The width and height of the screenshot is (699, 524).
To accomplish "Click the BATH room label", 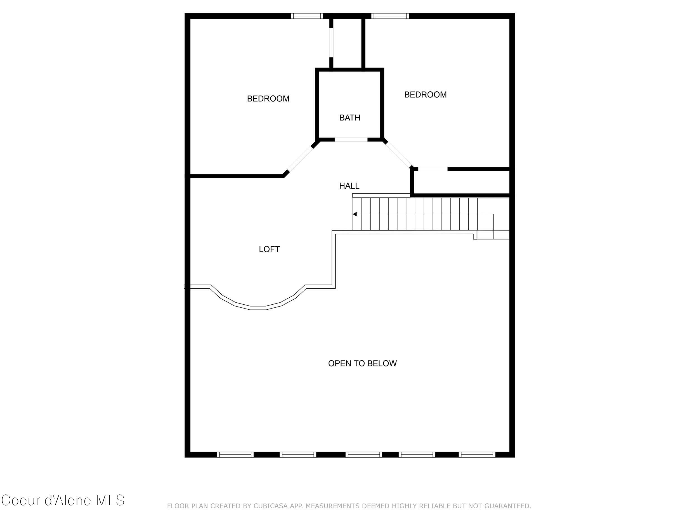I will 349,118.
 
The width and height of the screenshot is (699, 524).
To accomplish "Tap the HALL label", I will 349,186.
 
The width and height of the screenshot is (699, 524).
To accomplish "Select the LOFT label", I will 269,250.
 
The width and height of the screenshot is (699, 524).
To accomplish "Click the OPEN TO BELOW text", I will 362,364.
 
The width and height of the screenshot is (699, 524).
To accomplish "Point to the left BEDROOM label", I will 268,99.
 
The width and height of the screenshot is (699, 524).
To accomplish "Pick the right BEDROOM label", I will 425,95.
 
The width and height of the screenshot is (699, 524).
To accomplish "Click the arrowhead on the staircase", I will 355,214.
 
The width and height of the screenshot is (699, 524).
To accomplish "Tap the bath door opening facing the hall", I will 351,139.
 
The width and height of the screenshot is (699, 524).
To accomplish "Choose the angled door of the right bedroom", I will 398,155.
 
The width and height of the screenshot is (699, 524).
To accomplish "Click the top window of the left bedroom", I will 307,16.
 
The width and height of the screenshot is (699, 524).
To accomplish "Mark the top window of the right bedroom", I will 390,16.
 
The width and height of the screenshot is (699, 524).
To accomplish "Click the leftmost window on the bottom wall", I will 235,455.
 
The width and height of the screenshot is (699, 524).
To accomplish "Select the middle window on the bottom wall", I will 363,455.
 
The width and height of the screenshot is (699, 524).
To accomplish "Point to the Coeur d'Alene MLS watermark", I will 63,500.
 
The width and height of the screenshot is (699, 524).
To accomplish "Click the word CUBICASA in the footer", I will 270,506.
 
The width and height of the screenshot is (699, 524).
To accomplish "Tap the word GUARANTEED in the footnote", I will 507,506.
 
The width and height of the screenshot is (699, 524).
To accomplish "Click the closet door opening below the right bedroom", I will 433,169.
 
